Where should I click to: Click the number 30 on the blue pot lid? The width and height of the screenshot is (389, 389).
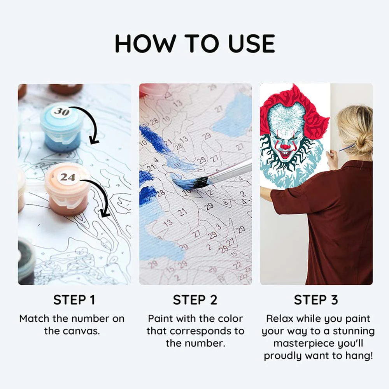coord(61,112)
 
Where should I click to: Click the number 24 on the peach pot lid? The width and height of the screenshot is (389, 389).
coord(67,177)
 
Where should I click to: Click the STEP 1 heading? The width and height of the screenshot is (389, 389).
coord(74,300)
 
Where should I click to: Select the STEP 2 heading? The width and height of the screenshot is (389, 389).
coord(196,300)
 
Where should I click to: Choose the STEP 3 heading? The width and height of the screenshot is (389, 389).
coord(316,300)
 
